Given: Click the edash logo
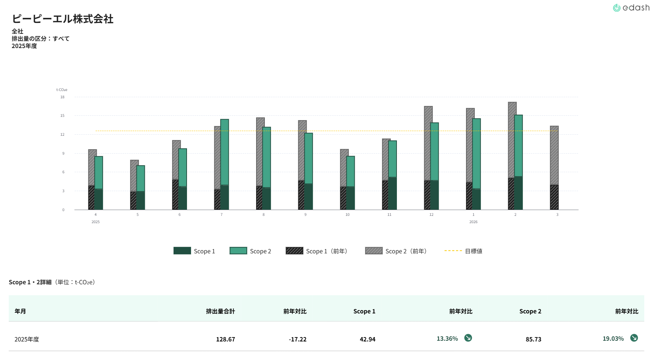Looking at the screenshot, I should (x=631, y=8).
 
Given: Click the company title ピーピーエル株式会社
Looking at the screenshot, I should (x=63, y=19).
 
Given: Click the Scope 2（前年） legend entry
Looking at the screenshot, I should (x=396, y=251).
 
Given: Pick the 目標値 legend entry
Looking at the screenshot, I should (x=463, y=251).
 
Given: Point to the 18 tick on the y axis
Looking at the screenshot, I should (x=63, y=97).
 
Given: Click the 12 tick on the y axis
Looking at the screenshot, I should (x=63, y=135).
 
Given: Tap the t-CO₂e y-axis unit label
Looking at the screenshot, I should (x=62, y=90).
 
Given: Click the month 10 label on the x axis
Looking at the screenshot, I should (x=347, y=215).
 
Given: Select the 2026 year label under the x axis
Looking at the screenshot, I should (x=473, y=222).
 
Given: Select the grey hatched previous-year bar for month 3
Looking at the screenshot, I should (x=554, y=155).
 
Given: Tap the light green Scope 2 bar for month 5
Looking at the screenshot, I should (x=141, y=178).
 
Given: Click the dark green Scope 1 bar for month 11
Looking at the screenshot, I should (x=393, y=193).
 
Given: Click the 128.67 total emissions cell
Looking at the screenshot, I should (x=226, y=339).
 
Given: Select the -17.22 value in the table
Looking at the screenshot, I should (x=298, y=339).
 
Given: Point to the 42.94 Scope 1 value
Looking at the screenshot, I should (x=367, y=339).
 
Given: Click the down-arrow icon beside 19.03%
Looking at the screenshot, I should (x=634, y=338).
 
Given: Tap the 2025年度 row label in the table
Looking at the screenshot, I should (x=27, y=339).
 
